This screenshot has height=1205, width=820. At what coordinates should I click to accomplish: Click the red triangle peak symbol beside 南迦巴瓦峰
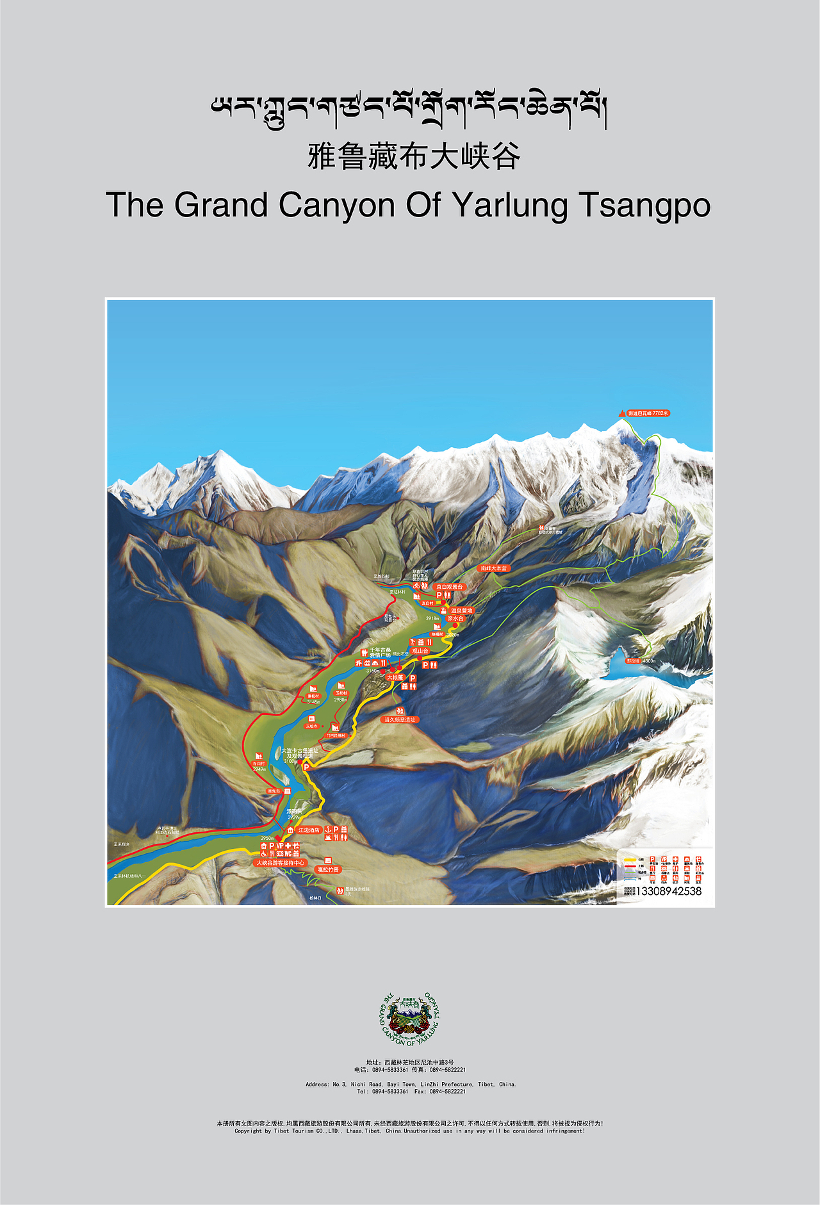pos(621,414)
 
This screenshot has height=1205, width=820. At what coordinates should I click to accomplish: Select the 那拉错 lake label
pos(633,660)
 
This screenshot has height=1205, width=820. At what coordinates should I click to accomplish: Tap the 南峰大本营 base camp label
pos(494,568)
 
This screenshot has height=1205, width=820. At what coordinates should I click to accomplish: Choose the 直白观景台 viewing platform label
pos(449,586)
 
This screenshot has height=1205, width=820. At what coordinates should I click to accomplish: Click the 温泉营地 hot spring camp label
pos(461,611)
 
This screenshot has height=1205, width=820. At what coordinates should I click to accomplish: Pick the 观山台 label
pos(420,651)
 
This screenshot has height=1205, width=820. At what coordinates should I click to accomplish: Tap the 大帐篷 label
pos(395,677)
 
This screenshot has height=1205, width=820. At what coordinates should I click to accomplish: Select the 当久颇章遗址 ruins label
pos(400,719)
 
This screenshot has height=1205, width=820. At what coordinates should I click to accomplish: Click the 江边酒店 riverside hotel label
pos(309,830)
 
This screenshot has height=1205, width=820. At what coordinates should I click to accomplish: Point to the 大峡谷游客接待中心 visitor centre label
pos(280,863)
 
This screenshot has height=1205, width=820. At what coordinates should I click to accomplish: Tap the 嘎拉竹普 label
pos(328,869)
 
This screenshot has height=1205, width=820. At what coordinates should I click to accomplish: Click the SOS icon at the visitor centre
pos(280,854)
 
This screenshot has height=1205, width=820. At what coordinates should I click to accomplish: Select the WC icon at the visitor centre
pos(288,854)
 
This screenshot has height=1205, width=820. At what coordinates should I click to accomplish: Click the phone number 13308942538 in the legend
pos(668,891)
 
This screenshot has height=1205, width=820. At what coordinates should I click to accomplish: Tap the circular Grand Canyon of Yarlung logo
pos(410,1019)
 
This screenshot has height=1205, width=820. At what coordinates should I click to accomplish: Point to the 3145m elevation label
pos(313,702)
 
